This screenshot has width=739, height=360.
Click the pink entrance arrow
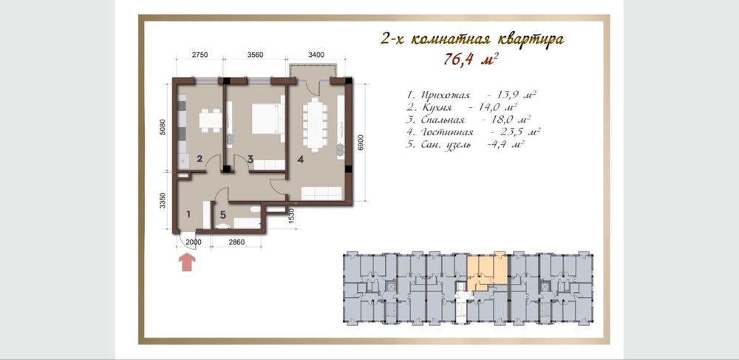(188, 262)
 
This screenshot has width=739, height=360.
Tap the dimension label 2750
(200, 55)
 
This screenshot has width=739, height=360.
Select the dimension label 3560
(255, 55)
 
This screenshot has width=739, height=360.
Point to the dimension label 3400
(316, 55)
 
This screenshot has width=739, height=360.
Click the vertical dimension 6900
(361, 142)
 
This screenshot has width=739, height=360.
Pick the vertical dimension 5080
(163, 127)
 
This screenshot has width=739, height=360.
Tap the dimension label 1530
(291, 215)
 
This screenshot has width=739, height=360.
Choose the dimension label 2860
(236, 242)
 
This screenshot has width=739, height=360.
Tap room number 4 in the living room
(300, 159)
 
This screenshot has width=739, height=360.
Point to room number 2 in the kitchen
(200, 159)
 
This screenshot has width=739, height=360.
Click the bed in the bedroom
(268, 119)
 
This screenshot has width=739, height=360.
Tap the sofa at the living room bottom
(322, 192)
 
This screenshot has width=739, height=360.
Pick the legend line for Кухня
(463, 107)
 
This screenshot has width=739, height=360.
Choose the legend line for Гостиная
(473, 132)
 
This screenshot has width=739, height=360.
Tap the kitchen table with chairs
(210, 120)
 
